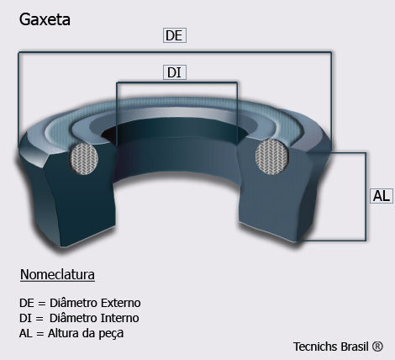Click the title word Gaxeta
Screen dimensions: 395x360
click(x=45, y=19)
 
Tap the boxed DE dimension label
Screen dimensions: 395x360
click(x=175, y=35)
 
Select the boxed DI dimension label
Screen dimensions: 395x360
click(x=175, y=72)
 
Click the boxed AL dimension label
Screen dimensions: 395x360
click(x=382, y=196)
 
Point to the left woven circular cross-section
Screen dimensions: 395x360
click(x=83, y=159)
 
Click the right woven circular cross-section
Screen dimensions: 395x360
click(x=272, y=156)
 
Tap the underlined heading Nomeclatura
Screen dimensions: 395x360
click(x=57, y=274)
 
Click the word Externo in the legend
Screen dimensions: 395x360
click(x=121, y=303)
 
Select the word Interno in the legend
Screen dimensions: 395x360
click(x=119, y=318)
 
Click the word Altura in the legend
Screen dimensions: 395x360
click(x=63, y=333)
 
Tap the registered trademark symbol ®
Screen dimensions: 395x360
click(x=377, y=347)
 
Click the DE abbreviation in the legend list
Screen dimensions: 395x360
click(x=27, y=303)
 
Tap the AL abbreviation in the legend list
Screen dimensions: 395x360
click(x=26, y=333)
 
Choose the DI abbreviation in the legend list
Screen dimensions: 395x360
click(x=25, y=318)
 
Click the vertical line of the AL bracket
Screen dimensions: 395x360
click(x=366, y=196)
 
